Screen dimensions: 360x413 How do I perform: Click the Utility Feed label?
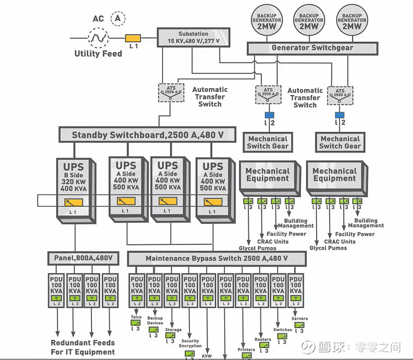98,54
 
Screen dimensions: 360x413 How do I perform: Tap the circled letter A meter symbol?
119,19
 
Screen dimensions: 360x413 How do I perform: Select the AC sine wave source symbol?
98,37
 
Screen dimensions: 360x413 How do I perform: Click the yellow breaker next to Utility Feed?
133,38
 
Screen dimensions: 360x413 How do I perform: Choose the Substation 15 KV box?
193,37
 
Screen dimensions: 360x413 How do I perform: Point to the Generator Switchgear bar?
312,48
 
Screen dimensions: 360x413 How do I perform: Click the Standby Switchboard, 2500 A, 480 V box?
147,135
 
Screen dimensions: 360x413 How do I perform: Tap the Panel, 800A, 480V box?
83,257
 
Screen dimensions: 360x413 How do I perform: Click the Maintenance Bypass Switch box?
216,258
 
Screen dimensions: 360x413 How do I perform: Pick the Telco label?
136,317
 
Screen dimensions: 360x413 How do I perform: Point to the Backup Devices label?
155,320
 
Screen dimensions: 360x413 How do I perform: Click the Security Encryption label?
190,343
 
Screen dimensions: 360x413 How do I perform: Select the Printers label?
246,350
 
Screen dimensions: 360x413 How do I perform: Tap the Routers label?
263,339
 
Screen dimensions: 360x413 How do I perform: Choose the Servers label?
299,319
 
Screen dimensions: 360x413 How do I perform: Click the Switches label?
282,330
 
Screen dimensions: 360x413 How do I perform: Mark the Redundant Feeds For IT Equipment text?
83,347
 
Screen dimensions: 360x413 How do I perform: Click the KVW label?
208,356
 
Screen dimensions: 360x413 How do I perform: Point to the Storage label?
173,330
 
